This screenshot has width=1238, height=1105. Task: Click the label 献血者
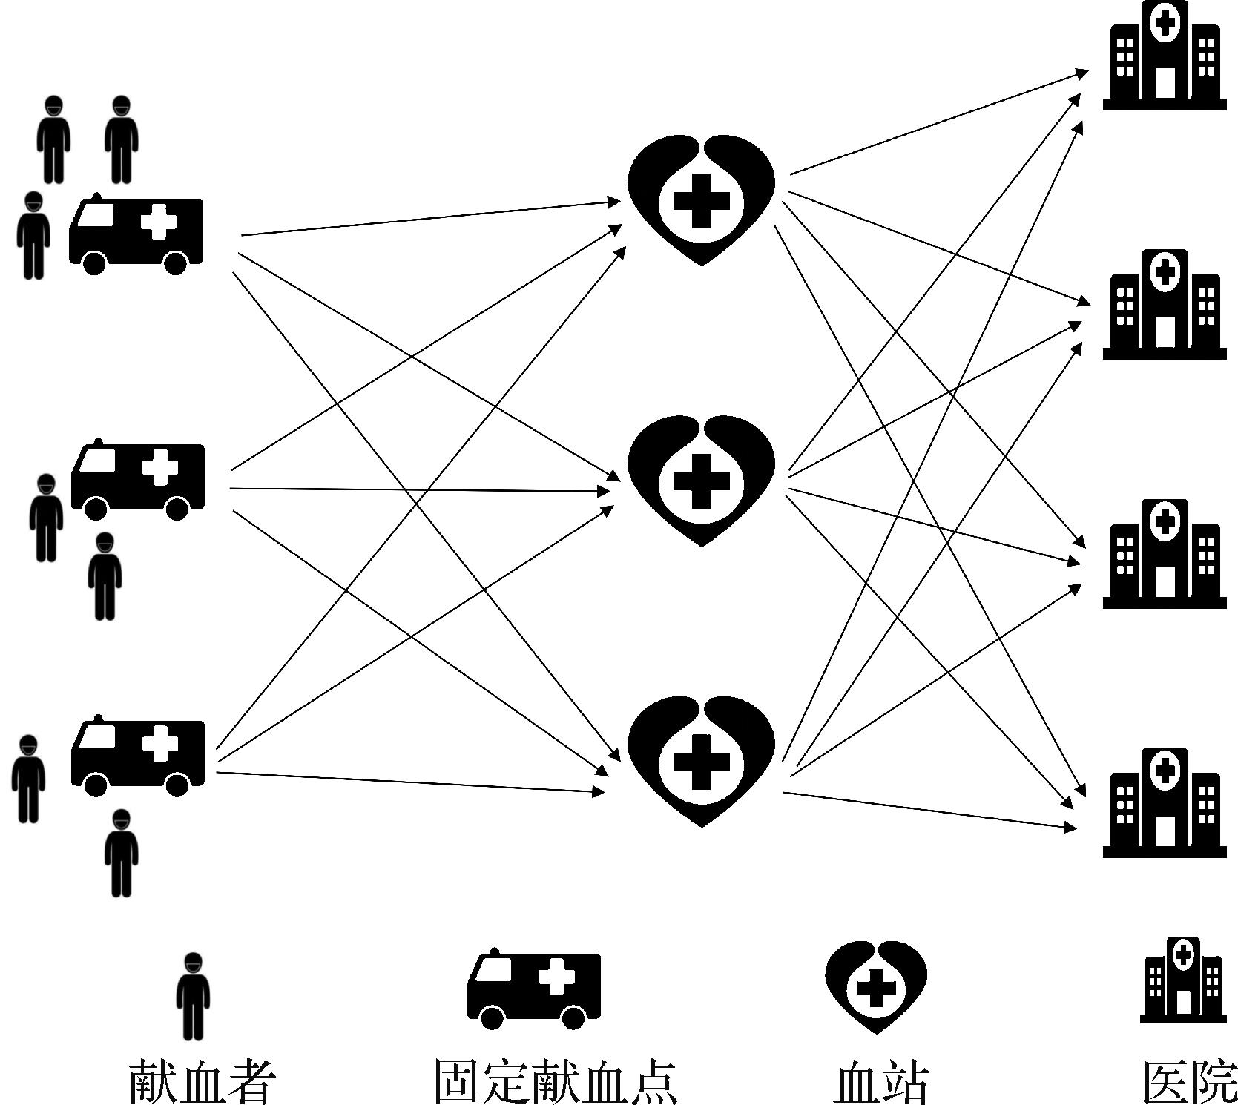coord(203,1081)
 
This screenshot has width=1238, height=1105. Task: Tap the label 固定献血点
coord(555,1081)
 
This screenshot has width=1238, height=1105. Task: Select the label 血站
coord(881,1082)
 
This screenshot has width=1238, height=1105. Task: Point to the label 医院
coord(1190,1082)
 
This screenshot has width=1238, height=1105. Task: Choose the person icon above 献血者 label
coord(193,996)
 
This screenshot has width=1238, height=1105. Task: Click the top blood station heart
coord(701,199)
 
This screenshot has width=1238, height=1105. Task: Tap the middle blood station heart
coord(701,481)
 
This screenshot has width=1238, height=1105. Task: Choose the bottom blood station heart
coord(701,760)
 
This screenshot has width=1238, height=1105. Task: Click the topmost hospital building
coord(1164,56)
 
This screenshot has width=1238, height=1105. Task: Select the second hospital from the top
coord(1164,306)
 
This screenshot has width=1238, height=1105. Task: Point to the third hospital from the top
coord(1164,555)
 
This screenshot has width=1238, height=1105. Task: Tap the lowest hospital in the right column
coord(1164,804)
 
